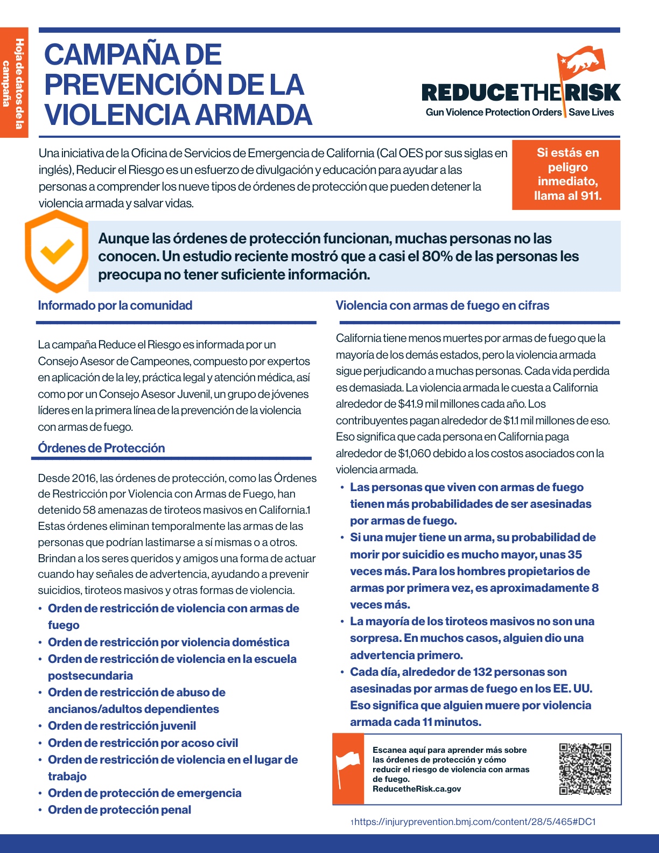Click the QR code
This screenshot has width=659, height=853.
pyautogui.click(x=585, y=769)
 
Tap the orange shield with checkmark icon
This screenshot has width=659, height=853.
pyautogui.click(x=57, y=251)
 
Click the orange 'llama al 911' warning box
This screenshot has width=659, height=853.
pyautogui.click(x=567, y=174)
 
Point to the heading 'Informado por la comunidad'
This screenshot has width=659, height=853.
pyautogui.click(x=115, y=306)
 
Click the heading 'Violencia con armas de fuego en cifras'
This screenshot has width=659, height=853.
pyautogui.click(x=443, y=306)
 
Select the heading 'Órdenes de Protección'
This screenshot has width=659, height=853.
pyautogui.click(x=101, y=448)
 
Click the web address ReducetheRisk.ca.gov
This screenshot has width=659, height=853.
pyautogui.click(x=417, y=789)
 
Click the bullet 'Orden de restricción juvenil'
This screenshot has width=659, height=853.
pyautogui.click(x=122, y=726)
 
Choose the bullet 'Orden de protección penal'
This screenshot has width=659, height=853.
pyautogui.click(x=120, y=810)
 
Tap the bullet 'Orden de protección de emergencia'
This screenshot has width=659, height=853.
pyautogui.click(x=144, y=793)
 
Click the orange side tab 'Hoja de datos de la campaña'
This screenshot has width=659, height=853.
pyautogui.click(x=14, y=82)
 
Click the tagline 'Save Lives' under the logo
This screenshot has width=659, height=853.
pyautogui.click(x=591, y=113)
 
